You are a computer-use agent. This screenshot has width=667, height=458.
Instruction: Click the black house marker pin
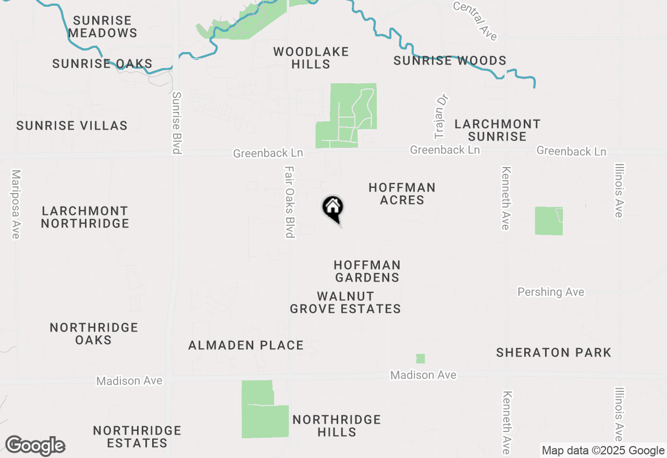[332, 208]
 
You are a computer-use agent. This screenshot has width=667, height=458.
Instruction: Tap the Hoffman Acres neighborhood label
[402, 194]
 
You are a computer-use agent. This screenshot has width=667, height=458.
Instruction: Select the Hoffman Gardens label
[367, 271]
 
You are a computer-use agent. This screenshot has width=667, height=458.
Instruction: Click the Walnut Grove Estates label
[345, 302]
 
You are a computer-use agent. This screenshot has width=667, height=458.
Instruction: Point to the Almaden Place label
[246, 345]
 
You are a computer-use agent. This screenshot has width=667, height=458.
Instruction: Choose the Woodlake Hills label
[311, 58]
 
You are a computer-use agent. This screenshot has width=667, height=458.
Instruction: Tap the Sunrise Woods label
[450, 60]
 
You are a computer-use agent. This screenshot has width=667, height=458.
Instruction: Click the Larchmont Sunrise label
[497, 130]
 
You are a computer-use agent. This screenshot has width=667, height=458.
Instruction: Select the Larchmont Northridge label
[85, 217]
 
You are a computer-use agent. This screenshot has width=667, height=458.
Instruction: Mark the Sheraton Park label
[553, 352]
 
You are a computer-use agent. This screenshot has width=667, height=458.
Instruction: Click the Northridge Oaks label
[94, 334]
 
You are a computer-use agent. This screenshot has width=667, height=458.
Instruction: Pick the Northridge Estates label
[137, 437]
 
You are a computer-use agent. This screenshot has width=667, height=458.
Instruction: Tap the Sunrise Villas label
[72, 125]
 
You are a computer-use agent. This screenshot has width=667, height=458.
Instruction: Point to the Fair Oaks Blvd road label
[290, 202]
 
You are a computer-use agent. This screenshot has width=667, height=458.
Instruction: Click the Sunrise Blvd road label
[177, 123]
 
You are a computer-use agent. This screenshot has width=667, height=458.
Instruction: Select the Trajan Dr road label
[441, 117]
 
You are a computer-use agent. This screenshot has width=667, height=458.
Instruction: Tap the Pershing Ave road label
[551, 292]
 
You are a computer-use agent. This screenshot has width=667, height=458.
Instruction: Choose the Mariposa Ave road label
[16, 204]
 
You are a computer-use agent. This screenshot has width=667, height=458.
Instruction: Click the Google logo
[35, 446]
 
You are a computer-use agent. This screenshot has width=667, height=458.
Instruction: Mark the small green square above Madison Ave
[421, 359]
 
